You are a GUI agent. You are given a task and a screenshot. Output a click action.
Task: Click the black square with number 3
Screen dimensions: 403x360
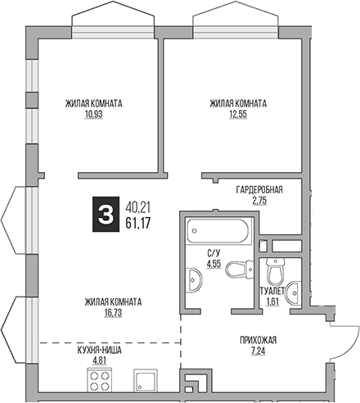(104, 214)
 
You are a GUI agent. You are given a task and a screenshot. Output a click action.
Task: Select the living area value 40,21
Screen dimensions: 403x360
(138, 206)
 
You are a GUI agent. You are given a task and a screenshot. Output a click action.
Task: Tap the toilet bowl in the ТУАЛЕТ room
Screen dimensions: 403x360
(275, 271)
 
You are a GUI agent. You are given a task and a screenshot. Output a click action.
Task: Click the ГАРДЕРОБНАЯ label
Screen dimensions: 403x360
(259, 189)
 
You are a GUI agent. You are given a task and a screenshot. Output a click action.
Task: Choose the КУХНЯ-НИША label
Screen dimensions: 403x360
(100, 349)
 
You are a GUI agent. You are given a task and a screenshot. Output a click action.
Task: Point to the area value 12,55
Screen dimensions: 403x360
(237, 114)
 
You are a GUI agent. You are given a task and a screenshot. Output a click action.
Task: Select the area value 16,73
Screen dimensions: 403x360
(113, 311)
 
